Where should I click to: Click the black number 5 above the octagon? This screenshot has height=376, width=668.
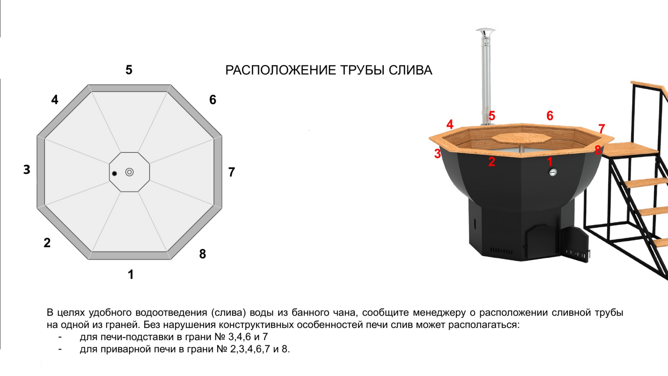coord(129,70)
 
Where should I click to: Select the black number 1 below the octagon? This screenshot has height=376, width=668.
coord(130,274)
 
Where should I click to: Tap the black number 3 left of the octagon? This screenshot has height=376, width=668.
coord(27,169)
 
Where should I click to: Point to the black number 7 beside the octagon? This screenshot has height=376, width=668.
coord(232,172)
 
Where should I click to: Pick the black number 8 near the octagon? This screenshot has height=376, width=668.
coord(202,254)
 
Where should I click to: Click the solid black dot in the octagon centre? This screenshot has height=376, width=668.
coord(114,173)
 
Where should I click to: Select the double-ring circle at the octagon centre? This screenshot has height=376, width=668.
coord(130,172)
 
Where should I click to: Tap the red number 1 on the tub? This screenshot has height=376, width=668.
coord(550,162)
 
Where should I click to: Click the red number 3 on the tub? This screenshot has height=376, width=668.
coord(437,154)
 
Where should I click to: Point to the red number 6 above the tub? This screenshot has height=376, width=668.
coord(550,116)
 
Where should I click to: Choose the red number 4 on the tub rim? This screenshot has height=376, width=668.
coord(450,124)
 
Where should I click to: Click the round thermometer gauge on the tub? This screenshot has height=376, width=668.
coord(553,172)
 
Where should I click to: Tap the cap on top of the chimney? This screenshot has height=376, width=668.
coord(485,31)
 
